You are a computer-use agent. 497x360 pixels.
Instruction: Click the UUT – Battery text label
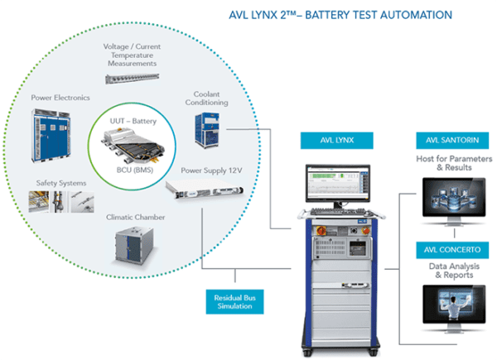[133, 122]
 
